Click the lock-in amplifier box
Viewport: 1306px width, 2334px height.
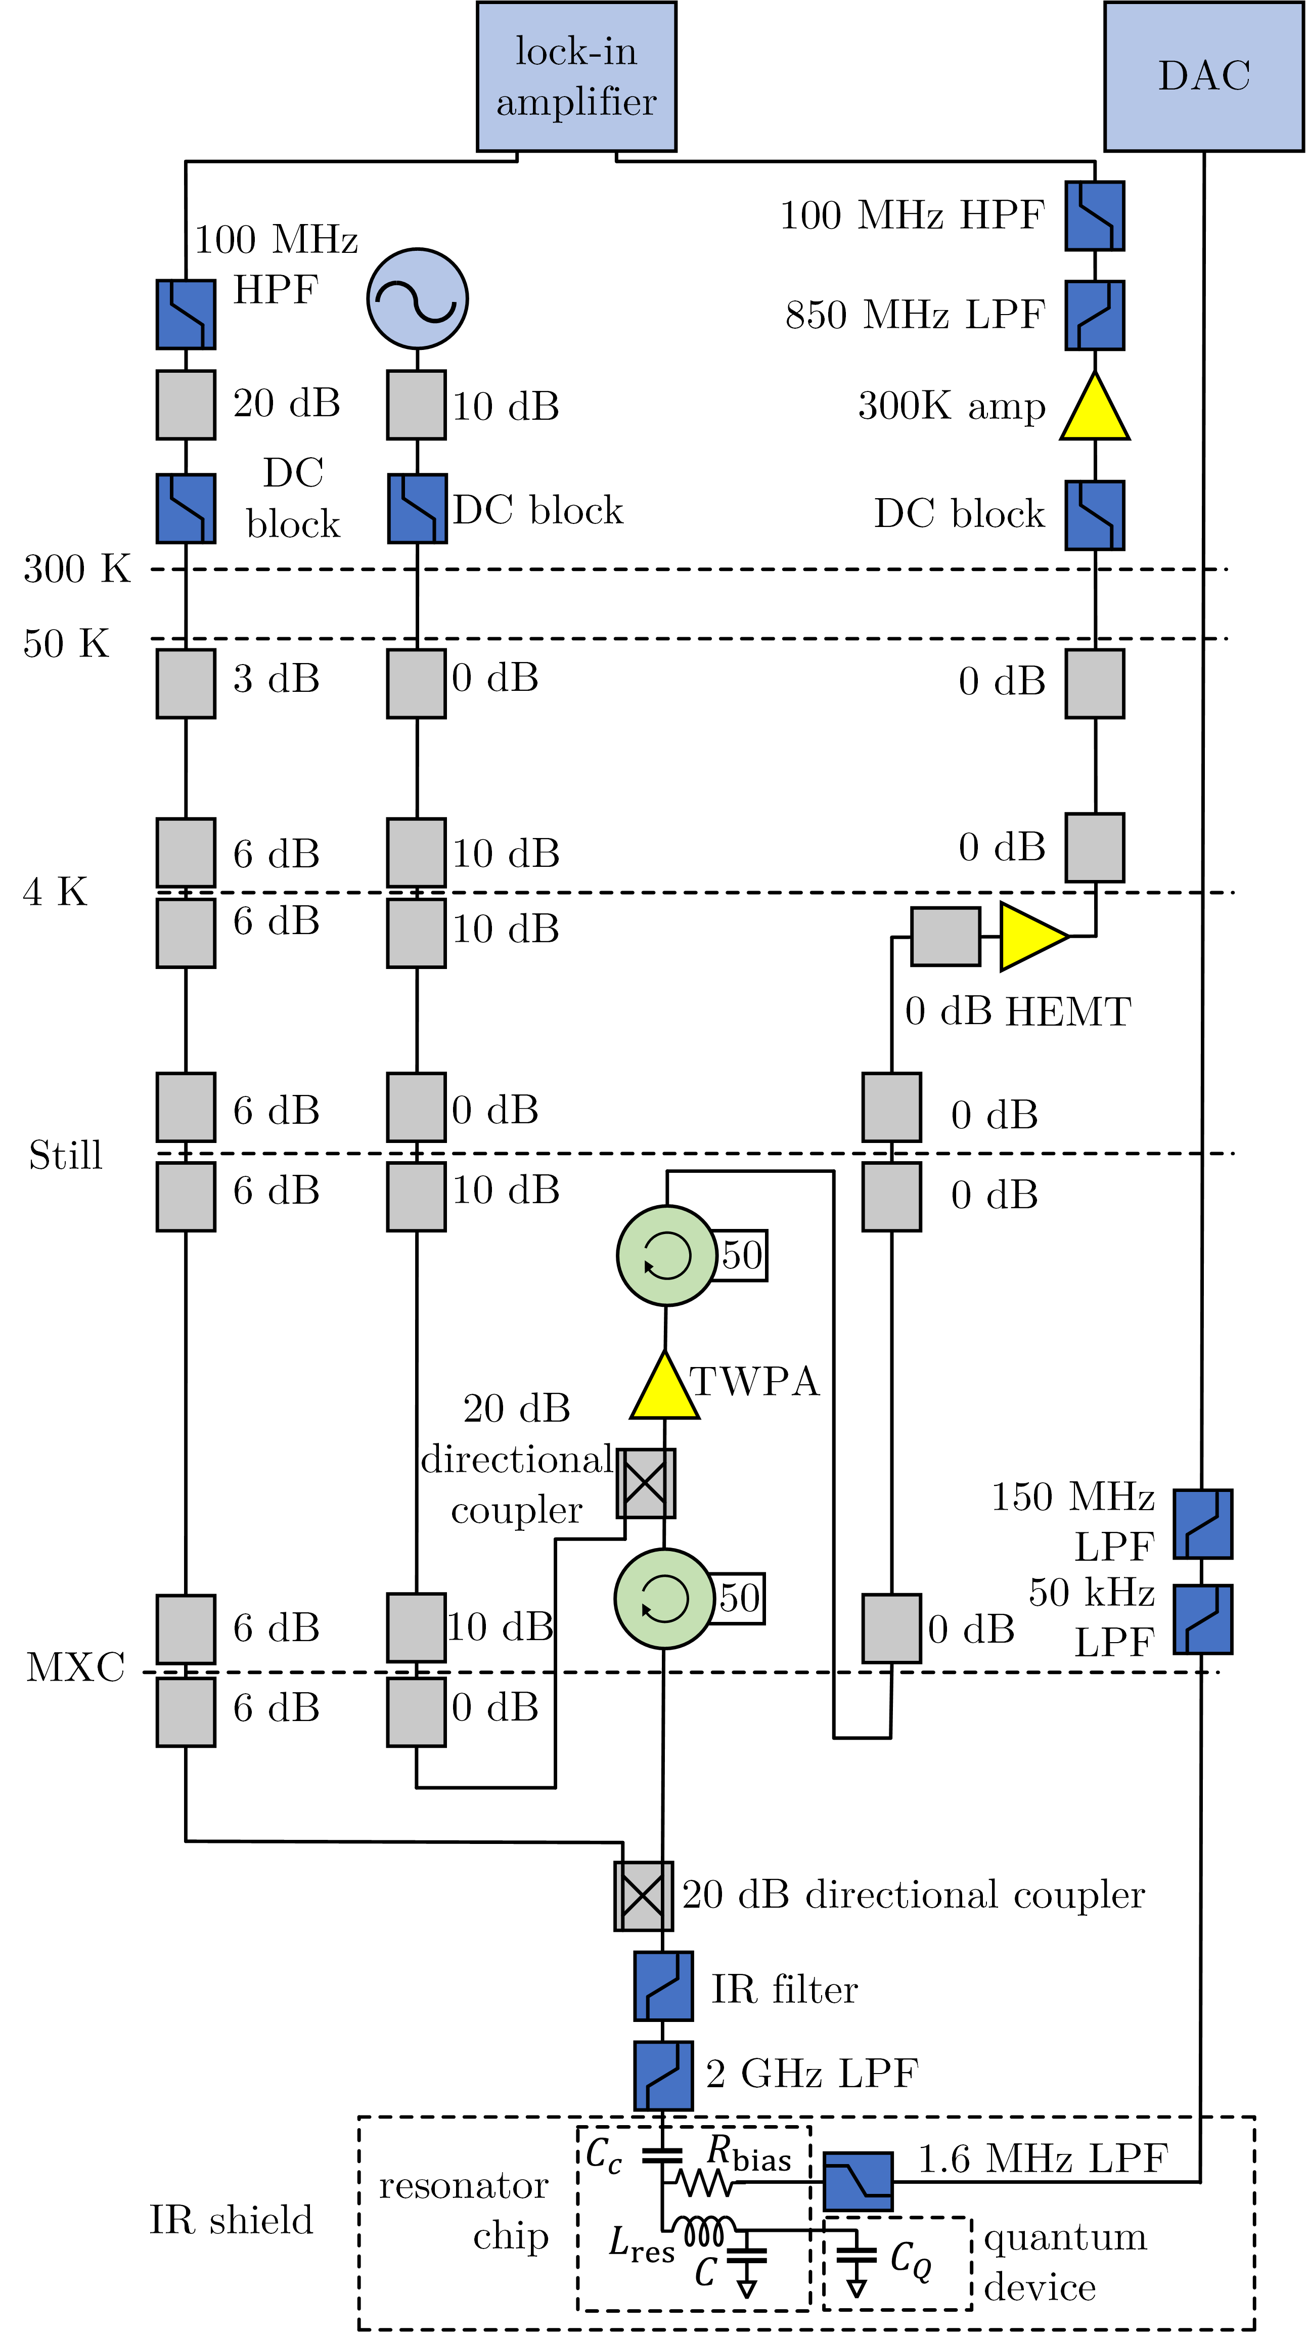(576, 76)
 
